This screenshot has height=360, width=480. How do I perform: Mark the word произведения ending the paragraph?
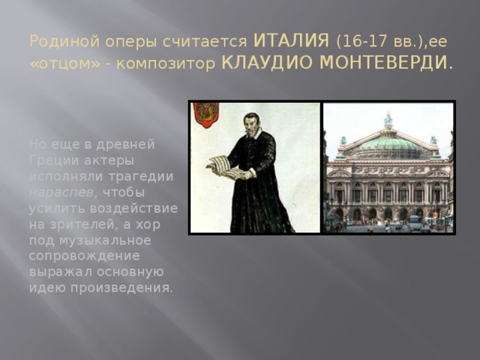point(127,289)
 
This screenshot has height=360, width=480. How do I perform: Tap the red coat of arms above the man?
point(205,114)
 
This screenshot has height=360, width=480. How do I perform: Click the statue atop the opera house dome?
point(388,118)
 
